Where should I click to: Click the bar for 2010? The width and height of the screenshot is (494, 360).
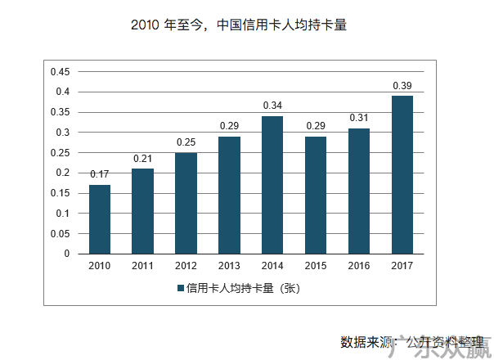click(x=100, y=219)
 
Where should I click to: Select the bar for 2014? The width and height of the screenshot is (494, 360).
click(x=272, y=185)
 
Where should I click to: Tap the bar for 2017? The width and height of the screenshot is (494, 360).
click(x=402, y=175)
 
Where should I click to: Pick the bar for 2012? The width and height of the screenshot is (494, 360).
click(x=186, y=203)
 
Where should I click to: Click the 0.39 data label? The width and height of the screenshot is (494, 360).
click(x=402, y=86)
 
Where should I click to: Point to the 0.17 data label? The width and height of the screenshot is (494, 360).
click(x=100, y=174)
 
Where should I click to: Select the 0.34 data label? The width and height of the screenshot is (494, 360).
click(x=272, y=106)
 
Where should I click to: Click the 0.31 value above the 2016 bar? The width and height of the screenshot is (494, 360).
click(x=358, y=118)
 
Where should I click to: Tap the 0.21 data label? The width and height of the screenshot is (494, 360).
click(x=143, y=159)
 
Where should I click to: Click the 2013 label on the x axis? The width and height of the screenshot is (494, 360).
click(x=229, y=265)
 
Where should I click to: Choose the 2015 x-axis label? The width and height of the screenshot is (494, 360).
click(x=316, y=265)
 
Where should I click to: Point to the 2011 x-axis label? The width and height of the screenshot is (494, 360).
click(x=143, y=265)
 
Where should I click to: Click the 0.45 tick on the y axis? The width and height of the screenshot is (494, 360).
click(x=61, y=71)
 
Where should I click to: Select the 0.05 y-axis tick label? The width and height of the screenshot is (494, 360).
click(x=61, y=233)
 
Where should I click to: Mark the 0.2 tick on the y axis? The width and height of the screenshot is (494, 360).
click(x=64, y=173)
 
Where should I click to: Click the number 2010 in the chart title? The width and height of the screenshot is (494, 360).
click(x=144, y=25)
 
